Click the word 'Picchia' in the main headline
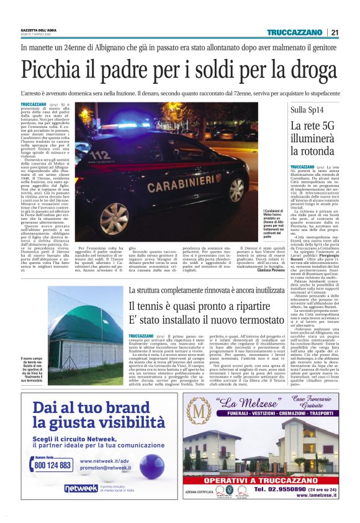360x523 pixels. pyautogui.click(x=50, y=70)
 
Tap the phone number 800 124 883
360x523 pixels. pyautogui.click(x=53, y=465)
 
